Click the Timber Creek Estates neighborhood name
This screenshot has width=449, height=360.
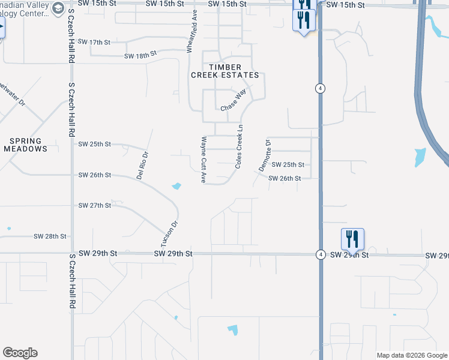225,71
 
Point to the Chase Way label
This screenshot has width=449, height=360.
233,100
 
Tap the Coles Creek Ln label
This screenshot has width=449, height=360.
240,146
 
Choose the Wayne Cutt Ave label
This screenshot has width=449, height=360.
203,160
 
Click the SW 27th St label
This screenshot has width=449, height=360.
95,205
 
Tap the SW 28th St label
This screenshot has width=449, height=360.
50,236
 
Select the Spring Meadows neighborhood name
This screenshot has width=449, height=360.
25,145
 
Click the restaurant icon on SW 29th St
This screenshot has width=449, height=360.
353,239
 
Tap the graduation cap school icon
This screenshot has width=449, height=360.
58,8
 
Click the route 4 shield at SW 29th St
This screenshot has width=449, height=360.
321,254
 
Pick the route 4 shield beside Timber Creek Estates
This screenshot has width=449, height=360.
321,88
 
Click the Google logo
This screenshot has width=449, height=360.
20,353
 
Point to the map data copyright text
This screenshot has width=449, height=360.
412,355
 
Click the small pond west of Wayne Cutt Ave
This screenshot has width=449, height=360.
176,186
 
